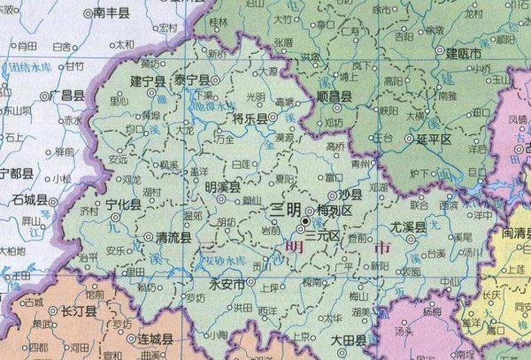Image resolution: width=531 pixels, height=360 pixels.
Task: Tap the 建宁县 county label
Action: point(149,81)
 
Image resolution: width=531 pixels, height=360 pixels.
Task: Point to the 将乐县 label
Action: point(250,117)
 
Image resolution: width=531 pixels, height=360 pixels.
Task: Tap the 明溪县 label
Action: point(222,187)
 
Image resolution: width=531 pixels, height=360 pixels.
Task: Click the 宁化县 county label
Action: point(123,204)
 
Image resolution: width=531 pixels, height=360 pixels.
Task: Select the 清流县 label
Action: point(173,238)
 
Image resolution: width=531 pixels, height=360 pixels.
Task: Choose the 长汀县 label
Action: point(78,311)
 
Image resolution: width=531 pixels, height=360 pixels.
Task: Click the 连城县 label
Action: point(154,341)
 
